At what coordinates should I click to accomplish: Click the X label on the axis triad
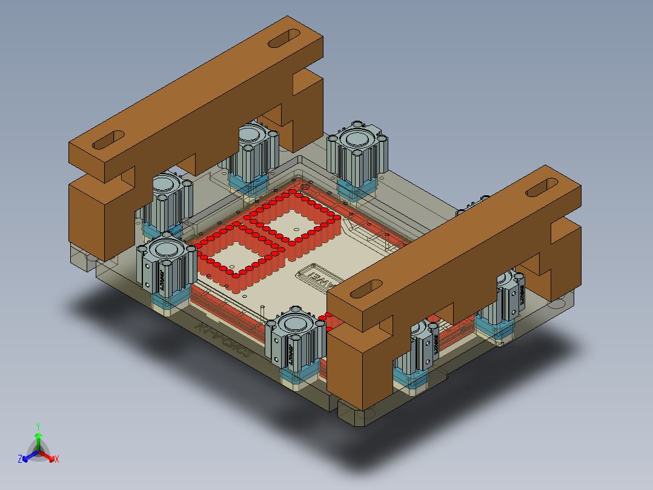(56, 460)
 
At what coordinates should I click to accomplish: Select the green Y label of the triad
(38, 426)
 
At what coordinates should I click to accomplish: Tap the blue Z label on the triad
(20, 459)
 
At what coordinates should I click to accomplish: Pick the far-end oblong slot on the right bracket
(543, 187)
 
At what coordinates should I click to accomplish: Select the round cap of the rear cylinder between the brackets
(357, 138)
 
